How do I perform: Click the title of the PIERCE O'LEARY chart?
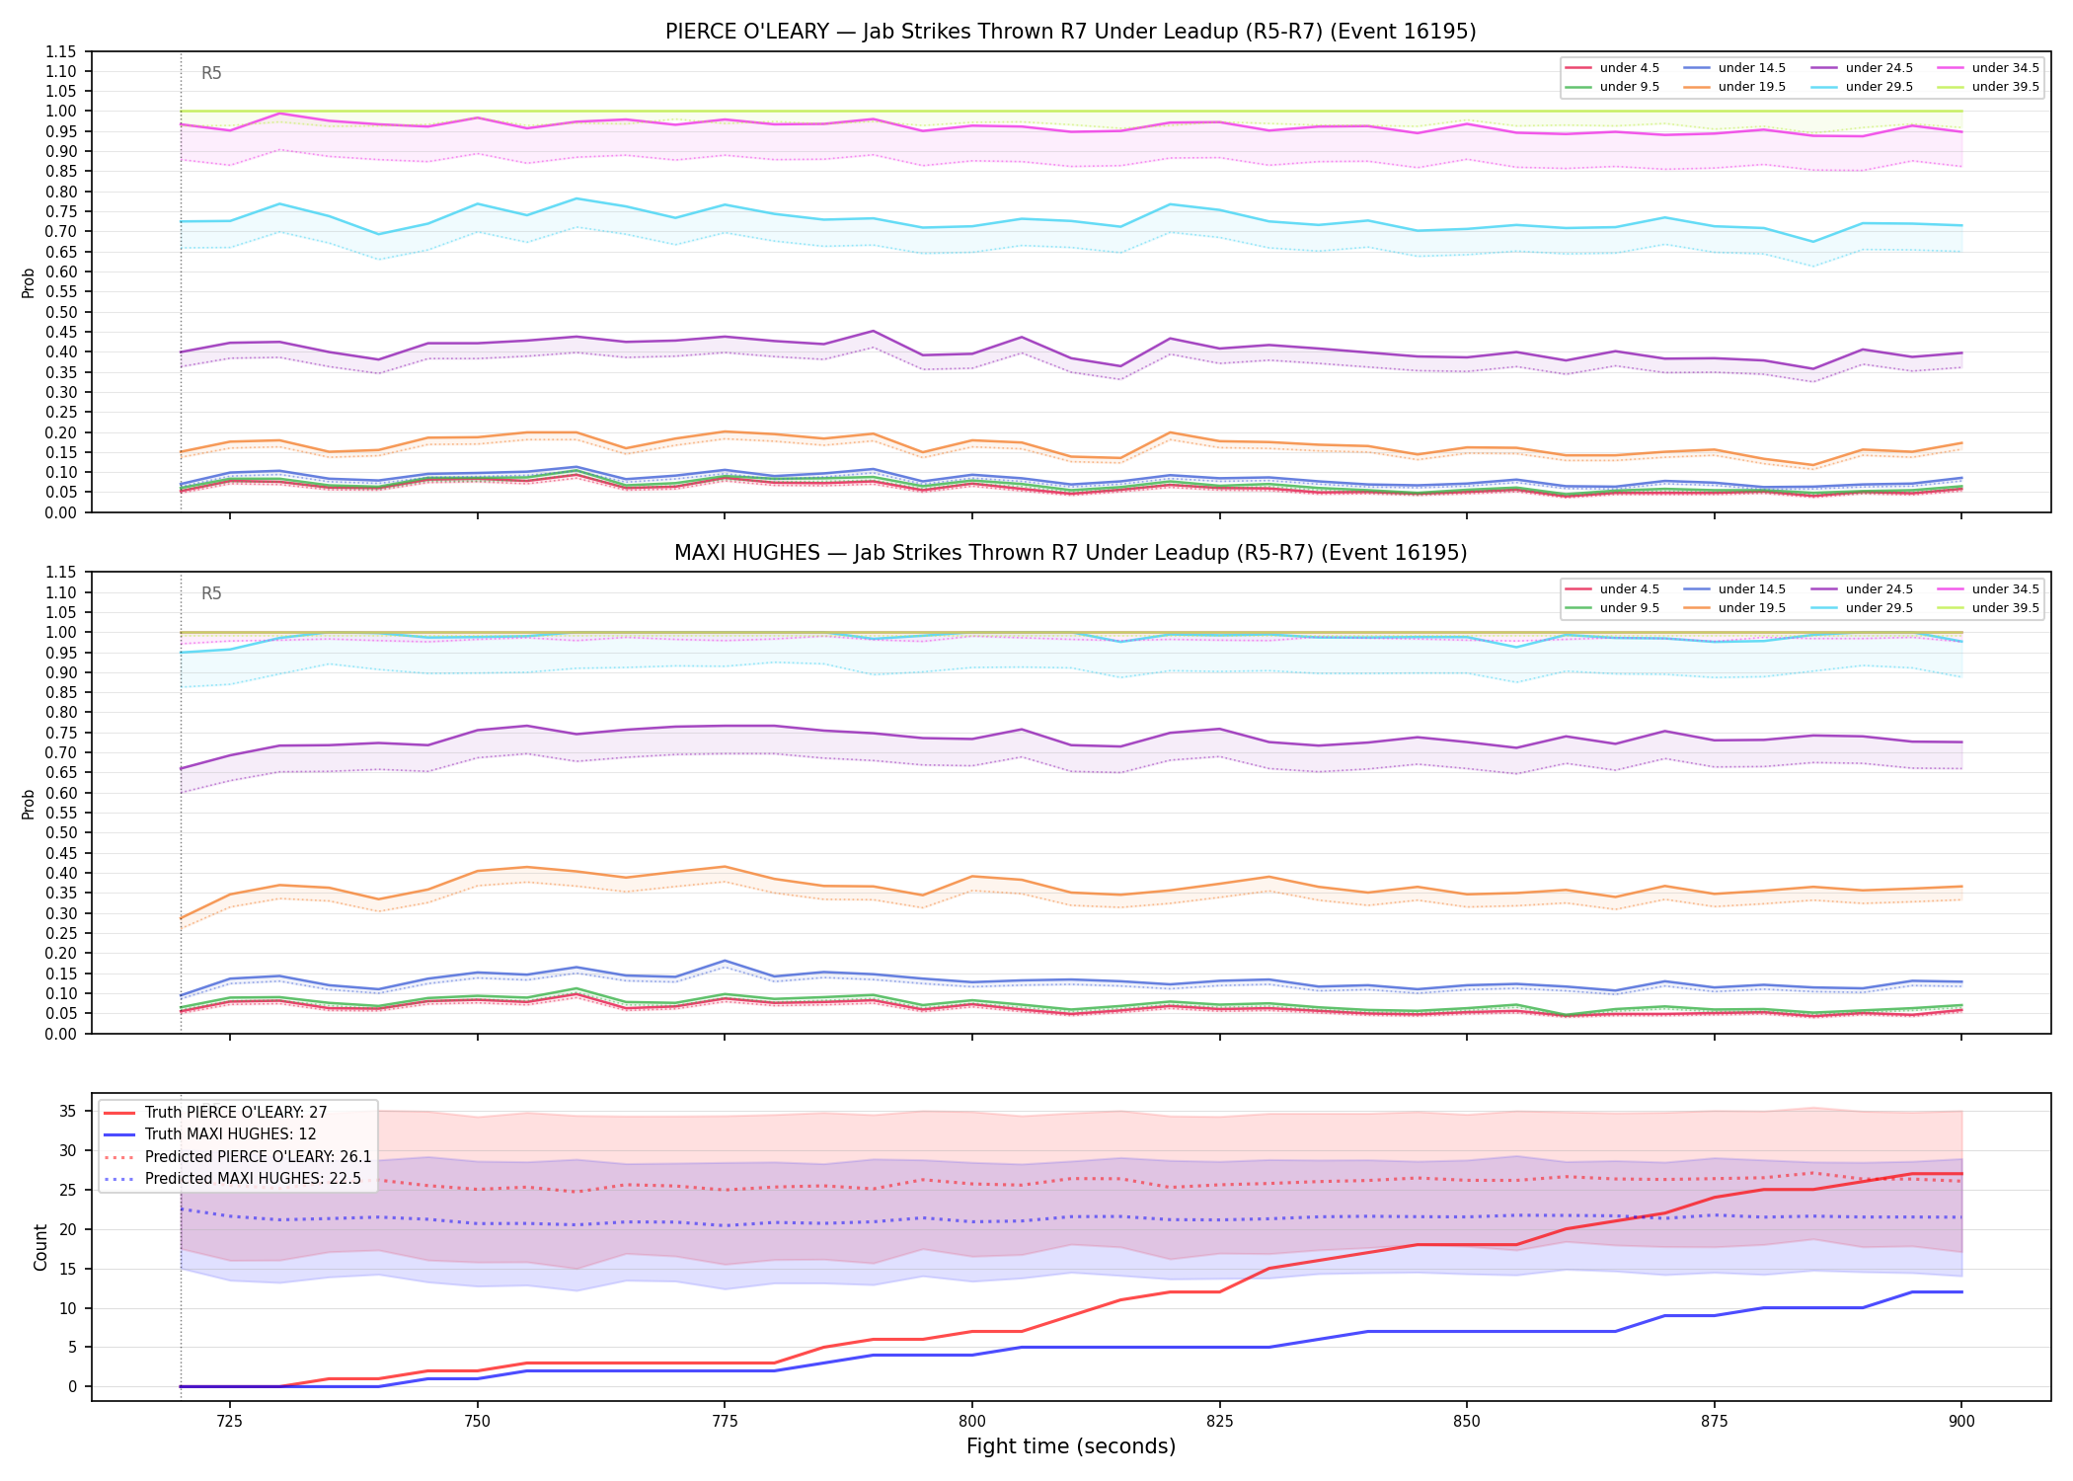pyautogui.click(x=1070, y=32)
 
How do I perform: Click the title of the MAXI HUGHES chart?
pyautogui.click(x=1070, y=553)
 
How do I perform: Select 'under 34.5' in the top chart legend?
pyautogui.click(x=2005, y=68)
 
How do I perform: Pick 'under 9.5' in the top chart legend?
pyautogui.click(x=1629, y=87)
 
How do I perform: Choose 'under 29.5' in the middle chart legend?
pyautogui.click(x=1879, y=608)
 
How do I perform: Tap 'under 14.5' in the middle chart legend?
pyautogui.click(x=1751, y=589)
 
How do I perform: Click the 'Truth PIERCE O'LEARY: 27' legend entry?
pyautogui.click(x=236, y=1113)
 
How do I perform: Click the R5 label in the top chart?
pyautogui.click(x=211, y=73)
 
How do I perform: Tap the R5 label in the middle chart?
pyautogui.click(x=211, y=593)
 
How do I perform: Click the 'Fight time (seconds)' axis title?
pyautogui.click(x=1071, y=1446)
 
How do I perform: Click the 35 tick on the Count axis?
pyautogui.click(x=67, y=1111)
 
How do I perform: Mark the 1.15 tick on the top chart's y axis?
pyautogui.click(x=61, y=51)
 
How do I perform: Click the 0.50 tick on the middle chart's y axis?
pyautogui.click(x=61, y=832)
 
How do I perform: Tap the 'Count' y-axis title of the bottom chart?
pyautogui.click(x=40, y=1247)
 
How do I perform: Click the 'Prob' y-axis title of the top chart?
pyautogui.click(x=29, y=282)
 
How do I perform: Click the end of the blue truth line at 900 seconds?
pyautogui.click(x=1961, y=1291)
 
